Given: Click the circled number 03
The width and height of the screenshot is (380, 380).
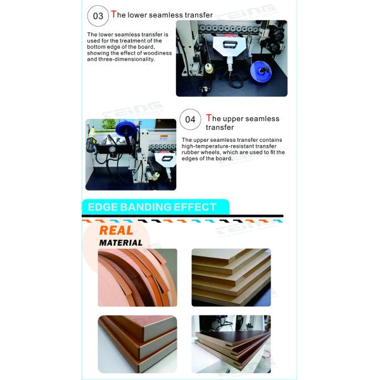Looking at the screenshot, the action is (x=98, y=16).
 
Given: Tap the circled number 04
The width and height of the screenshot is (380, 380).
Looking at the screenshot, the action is (x=190, y=120).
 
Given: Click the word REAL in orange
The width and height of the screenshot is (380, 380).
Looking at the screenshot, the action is (x=116, y=231).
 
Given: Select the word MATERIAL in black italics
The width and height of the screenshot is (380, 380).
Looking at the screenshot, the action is (x=121, y=243).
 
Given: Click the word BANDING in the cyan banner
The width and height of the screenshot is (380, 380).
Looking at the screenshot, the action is (x=146, y=207).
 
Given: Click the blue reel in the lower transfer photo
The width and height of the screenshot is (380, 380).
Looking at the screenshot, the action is (x=260, y=70).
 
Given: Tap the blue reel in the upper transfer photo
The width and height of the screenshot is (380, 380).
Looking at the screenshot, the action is (x=126, y=129).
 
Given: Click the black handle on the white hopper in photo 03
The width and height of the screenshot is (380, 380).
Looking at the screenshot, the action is (x=229, y=45).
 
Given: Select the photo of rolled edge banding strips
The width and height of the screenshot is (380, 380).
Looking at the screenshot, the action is (x=137, y=277).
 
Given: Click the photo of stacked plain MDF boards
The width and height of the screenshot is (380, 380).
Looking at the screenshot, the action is (x=231, y=277).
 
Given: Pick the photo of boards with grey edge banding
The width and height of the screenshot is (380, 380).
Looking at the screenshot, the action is (x=137, y=344).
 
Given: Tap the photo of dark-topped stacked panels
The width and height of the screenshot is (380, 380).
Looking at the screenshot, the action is (x=231, y=344).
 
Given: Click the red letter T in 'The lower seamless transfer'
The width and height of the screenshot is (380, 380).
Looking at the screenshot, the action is (x=113, y=14).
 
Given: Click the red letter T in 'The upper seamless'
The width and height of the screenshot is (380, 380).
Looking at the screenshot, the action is (x=208, y=118).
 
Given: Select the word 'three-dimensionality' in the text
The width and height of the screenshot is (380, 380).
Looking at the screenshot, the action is (x=127, y=60).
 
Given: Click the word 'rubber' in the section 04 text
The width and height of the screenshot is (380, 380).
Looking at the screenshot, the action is (x=189, y=153).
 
